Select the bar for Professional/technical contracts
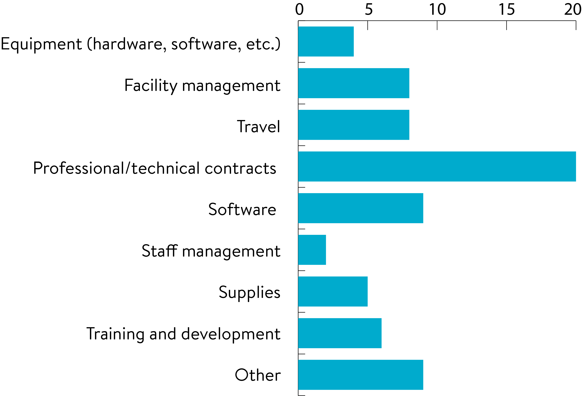point(437,166)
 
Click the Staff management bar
point(312,250)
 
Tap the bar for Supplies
point(333,291)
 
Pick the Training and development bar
point(340,333)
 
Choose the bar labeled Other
point(361,375)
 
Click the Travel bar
point(354,125)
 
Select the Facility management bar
point(354,83)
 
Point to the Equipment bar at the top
point(326,41)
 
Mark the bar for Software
point(361,208)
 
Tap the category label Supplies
point(250,292)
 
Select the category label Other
point(258,375)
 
